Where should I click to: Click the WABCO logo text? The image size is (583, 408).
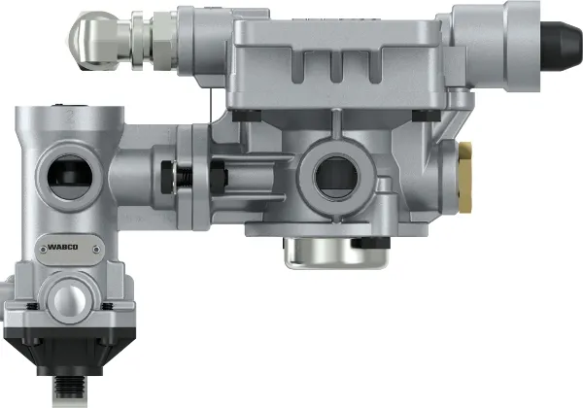click(63, 247)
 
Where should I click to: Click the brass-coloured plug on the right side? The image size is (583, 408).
click(465, 177)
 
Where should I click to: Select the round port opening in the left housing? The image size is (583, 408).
click(70, 177)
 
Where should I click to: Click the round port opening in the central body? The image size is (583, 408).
click(336, 177)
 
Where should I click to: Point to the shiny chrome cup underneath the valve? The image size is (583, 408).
click(336, 253)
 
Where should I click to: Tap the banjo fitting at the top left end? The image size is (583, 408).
click(95, 40)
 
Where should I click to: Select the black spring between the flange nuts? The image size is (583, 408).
click(184, 176)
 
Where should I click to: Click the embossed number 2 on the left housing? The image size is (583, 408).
click(70, 117)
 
